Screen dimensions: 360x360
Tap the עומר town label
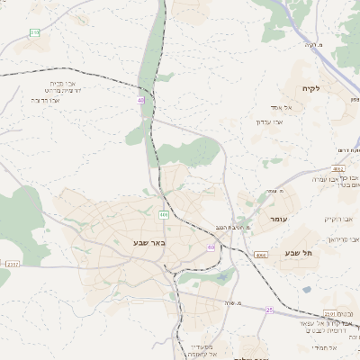click(x=277, y=219)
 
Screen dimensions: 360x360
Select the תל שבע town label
click(x=301, y=254)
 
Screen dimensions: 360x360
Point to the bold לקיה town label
click(x=323, y=87)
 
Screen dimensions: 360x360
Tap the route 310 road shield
click(x=34, y=32)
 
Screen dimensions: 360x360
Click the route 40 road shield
click(x=141, y=100)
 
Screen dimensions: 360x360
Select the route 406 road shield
click(x=163, y=214)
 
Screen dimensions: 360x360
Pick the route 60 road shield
click(x=211, y=247)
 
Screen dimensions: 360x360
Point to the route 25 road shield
click(x=268, y=310)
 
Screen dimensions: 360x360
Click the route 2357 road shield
click(x=12, y=264)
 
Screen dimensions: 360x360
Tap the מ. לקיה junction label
click(x=313, y=44)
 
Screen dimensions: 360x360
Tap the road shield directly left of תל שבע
click(x=261, y=255)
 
